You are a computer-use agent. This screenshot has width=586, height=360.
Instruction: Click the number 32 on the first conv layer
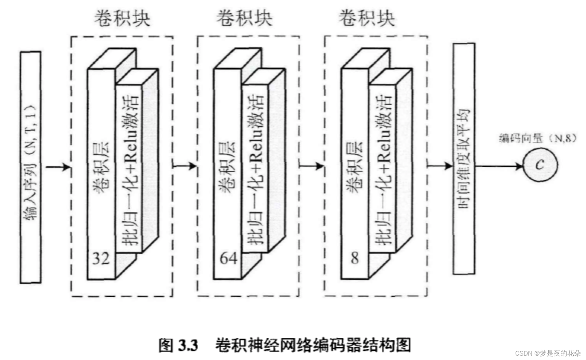pyautogui.click(x=101, y=258)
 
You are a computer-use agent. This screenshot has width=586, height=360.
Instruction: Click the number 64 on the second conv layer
pyautogui.click(x=228, y=258)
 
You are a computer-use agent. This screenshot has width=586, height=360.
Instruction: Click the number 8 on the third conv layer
pyautogui.click(x=355, y=258)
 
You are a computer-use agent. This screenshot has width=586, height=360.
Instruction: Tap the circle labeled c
pyautogui.click(x=540, y=165)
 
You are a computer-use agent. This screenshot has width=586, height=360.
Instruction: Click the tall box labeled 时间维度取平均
pyautogui.click(x=464, y=159)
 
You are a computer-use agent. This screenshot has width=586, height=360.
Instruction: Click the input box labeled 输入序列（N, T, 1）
pyautogui.click(x=30, y=167)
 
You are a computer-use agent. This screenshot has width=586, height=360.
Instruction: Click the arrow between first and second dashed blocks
pyautogui.click(x=185, y=166)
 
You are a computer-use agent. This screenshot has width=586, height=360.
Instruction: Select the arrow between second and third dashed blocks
pyautogui.click(x=311, y=166)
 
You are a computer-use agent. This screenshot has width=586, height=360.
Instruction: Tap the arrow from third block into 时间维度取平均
pyautogui.click(x=440, y=166)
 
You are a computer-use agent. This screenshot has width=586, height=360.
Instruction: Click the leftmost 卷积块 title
pyautogui.click(x=122, y=18)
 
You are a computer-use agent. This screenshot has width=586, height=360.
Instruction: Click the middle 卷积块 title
pyautogui.click(x=244, y=18)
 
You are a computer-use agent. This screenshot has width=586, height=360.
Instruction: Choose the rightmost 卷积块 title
pyautogui.click(x=367, y=18)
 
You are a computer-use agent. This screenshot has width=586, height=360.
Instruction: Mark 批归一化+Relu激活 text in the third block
pyautogui.click(x=384, y=169)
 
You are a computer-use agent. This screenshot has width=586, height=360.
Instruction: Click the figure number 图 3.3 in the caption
pyautogui.click(x=178, y=345)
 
